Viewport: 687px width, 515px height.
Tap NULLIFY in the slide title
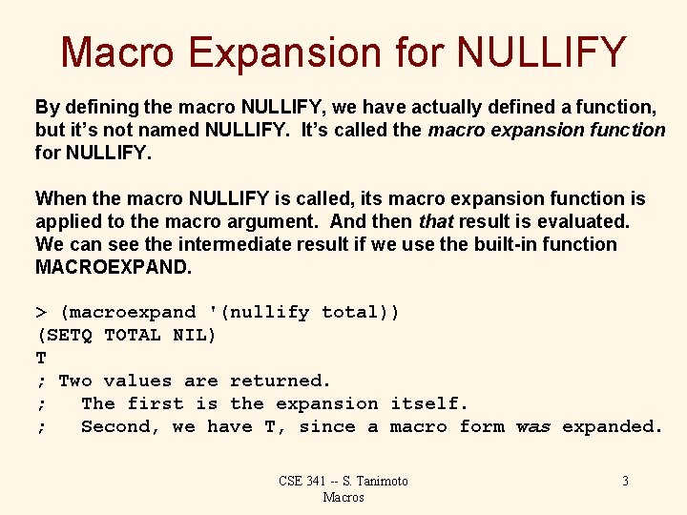pos(539,53)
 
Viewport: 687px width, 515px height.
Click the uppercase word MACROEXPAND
pos(113,267)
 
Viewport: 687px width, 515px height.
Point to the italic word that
pos(437,221)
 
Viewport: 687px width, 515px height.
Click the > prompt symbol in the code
pos(41,313)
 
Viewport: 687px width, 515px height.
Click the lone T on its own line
pos(41,359)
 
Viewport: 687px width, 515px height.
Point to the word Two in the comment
pos(75,381)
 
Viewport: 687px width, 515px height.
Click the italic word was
pos(532,427)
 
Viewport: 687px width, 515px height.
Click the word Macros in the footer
pos(343,497)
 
